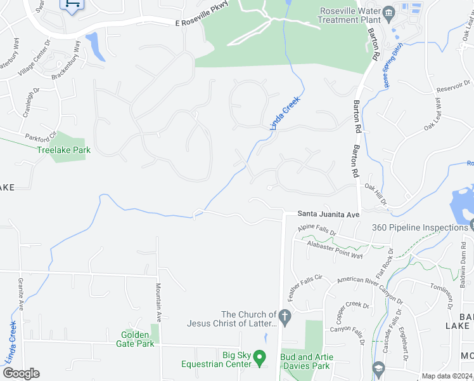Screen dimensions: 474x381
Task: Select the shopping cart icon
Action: pos(71,4)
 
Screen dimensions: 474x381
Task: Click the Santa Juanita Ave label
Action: pos(328,215)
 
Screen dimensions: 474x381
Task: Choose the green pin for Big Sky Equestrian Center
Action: pos(259,359)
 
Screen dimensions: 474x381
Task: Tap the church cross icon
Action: pos(285,316)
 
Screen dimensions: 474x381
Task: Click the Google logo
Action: pos(21,373)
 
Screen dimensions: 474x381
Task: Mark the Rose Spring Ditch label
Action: pos(392,65)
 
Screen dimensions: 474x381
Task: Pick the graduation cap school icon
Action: pos(378,368)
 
